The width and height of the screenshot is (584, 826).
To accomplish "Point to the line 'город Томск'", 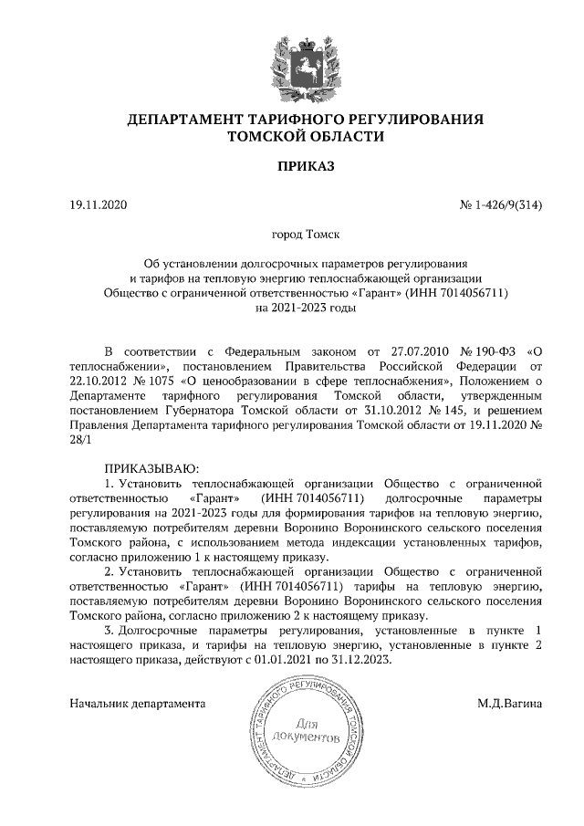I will (x=292, y=235).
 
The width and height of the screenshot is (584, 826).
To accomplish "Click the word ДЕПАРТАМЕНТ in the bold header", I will (x=186, y=120).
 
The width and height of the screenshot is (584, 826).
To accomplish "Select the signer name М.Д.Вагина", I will (x=509, y=704).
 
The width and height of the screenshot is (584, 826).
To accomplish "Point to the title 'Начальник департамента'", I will (x=137, y=704).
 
